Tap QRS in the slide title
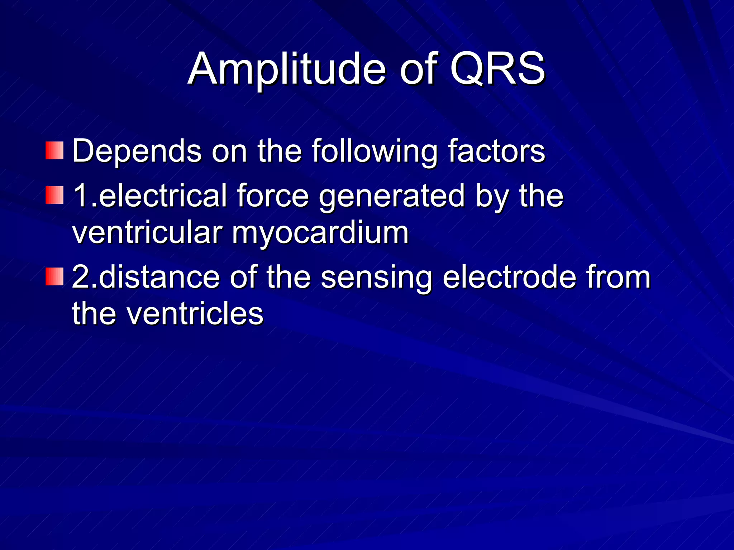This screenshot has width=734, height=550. click(497, 69)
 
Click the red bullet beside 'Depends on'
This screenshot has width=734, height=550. click(54, 150)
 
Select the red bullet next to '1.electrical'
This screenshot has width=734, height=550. click(54, 195)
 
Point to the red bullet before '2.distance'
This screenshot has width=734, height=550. click(54, 276)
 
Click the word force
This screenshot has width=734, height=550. click(272, 196)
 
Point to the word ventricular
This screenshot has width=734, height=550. click(147, 233)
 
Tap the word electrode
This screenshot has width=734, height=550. click(509, 277)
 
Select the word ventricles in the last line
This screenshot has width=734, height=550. click(195, 314)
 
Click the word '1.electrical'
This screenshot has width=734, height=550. click(150, 196)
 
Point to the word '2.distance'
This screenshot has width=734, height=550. click(146, 277)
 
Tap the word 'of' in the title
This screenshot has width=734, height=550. click(418, 69)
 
